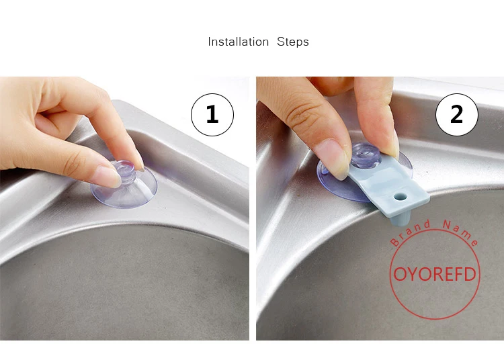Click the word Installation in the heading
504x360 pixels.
point(238,42)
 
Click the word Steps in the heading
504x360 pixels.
point(293,42)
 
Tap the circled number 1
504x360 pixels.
point(212,115)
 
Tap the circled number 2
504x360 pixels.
point(457,115)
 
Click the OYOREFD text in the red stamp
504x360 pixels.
point(435,274)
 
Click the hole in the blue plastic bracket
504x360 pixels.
point(400,196)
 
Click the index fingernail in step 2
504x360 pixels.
point(333,157)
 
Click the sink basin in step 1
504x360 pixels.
point(124,283)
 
